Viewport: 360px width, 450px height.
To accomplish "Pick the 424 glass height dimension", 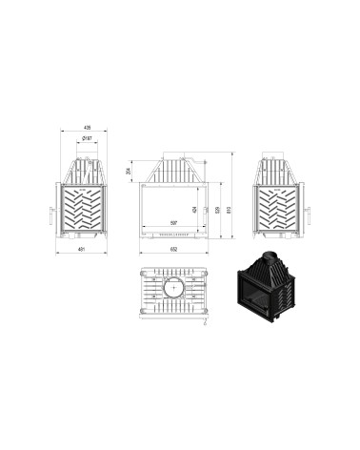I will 194,208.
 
